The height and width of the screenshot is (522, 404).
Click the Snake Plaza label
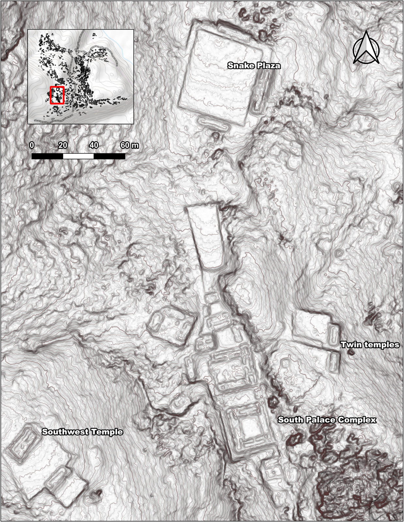pos(254,66)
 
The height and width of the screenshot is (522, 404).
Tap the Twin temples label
pos(370,345)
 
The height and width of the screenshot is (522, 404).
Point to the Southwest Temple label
pos(82,432)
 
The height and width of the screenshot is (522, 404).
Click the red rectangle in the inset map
pos(57,95)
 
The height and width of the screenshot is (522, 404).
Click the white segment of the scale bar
pos(78,156)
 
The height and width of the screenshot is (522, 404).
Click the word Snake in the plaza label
pos(240,66)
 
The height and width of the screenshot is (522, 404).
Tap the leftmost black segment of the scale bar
pos(47,156)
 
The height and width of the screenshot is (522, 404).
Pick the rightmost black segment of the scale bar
pos(109,156)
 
